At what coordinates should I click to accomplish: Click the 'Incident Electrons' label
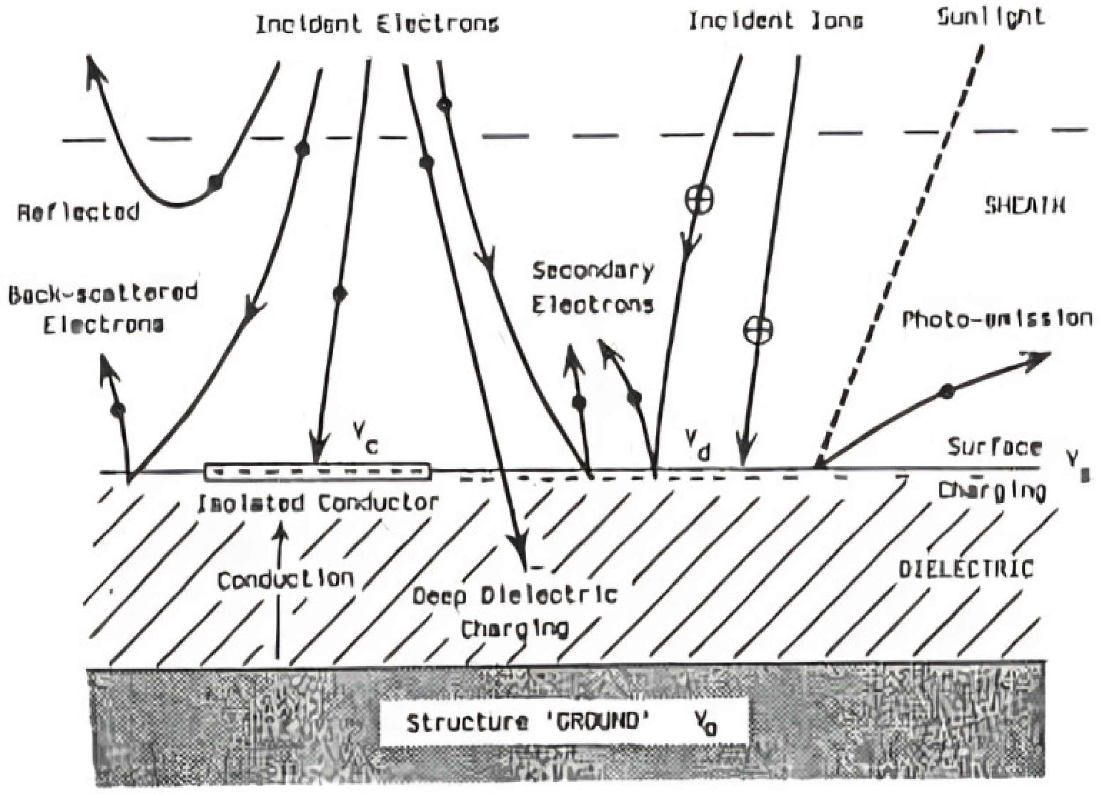coord(377,23)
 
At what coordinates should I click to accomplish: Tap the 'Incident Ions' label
coord(776,22)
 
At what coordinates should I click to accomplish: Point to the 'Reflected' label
coord(79,212)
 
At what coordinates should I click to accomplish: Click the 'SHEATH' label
coord(1025,206)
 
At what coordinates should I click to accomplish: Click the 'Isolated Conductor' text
coord(317,503)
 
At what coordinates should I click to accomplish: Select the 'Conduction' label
coord(286,580)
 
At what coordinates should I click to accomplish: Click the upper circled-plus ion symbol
coord(700,199)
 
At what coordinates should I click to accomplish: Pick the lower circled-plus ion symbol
coord(758,330)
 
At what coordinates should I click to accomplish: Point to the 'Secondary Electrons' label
coord(593,287)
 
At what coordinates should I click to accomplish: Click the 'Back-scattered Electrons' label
coord(103,308)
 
